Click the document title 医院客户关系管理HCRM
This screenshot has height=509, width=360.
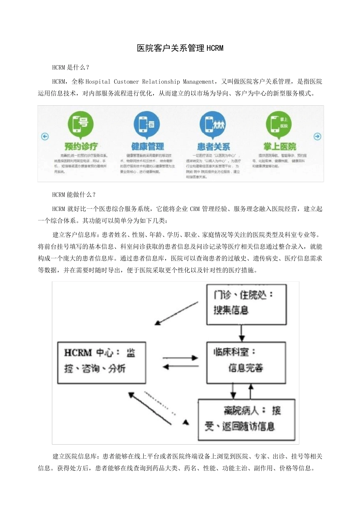tap(180, 48)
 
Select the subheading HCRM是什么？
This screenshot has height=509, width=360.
tap(71, 67)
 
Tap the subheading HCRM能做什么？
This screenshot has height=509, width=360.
tap(74, 195)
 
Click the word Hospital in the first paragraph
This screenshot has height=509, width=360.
tap(98, 81)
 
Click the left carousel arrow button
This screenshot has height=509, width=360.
tap(45, 136)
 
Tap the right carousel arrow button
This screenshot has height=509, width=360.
tap(318, 136)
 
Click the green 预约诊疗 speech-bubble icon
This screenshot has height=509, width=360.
tap(81, 124)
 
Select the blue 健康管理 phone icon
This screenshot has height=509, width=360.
tap(147, 124)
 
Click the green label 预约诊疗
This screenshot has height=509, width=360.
tap(81, 146)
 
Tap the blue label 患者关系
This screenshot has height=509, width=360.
tap(213, 147)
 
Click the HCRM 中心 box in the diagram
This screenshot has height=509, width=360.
tap(101, 362)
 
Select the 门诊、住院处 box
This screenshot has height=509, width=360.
tap(246, 304)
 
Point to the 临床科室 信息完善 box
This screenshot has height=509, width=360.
tap(246, 362)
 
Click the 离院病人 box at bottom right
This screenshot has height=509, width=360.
tap(247, 419)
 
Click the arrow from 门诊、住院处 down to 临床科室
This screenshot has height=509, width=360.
tap(241, 333)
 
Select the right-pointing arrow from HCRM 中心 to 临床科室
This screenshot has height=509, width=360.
tap(180, 358)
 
